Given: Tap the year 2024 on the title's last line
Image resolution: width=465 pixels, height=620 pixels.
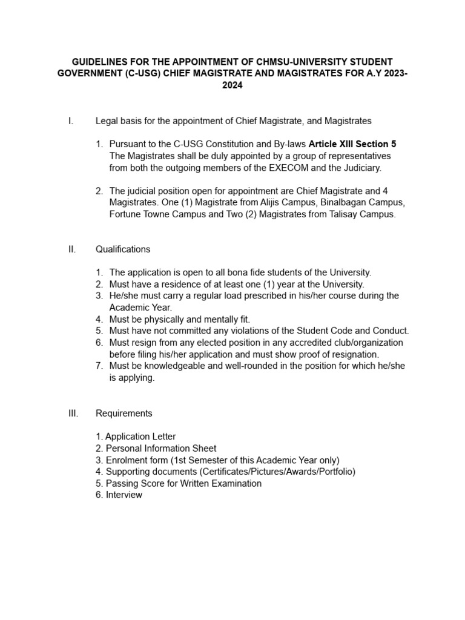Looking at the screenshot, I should pos(232,86).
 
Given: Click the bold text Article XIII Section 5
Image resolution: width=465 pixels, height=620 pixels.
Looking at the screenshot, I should pos(352,144).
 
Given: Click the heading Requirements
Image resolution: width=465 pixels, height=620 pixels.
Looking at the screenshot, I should pos(124,414).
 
